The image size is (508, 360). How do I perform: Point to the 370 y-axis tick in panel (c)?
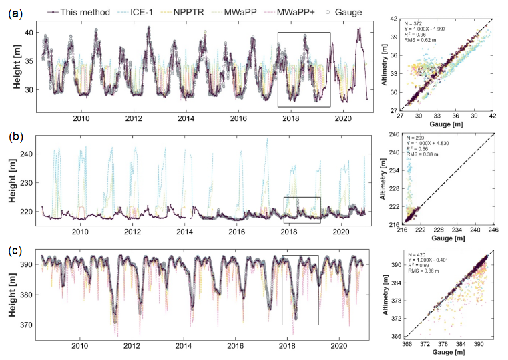29,325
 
